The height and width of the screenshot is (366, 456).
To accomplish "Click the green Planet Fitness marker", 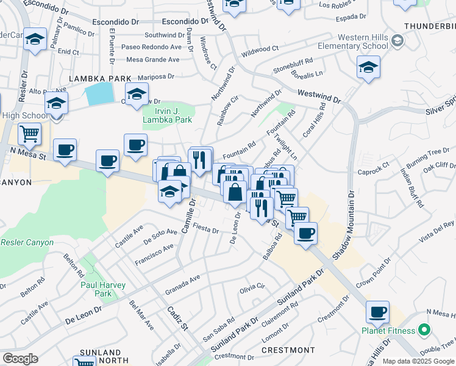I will coord(424,331).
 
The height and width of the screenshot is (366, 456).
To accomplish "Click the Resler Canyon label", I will coord(27,242).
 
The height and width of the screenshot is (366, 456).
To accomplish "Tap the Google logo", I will coord(20,359).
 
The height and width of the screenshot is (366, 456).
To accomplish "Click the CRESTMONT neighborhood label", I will coord(288,350).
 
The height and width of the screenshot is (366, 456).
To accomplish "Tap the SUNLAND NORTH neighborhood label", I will coord(100,357).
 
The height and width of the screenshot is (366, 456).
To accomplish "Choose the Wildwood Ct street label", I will coord(260,48).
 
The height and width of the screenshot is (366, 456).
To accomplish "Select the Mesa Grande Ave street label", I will coord(152,60).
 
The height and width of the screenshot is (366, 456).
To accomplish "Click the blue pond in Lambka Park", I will coord(100,93).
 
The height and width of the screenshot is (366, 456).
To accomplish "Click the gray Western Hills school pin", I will coord(397,40).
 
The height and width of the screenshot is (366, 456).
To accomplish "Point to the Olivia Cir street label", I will coord(254,286).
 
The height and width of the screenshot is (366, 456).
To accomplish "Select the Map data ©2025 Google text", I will coord(418,361).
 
